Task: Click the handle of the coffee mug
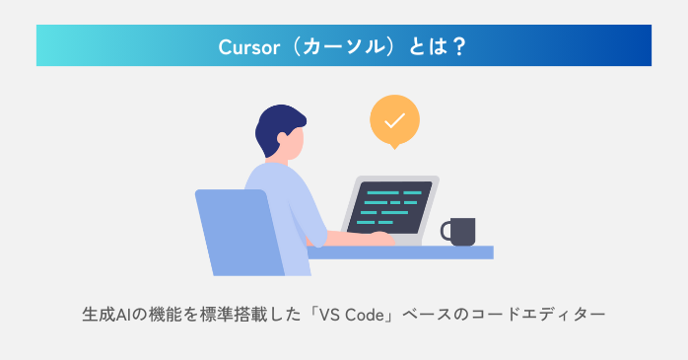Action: pyautogui.click(x=446, y=232)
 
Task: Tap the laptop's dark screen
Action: pyautogui.click(x=389, y=205)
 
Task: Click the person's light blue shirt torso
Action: pyautogui.click(x=286, y=207)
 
